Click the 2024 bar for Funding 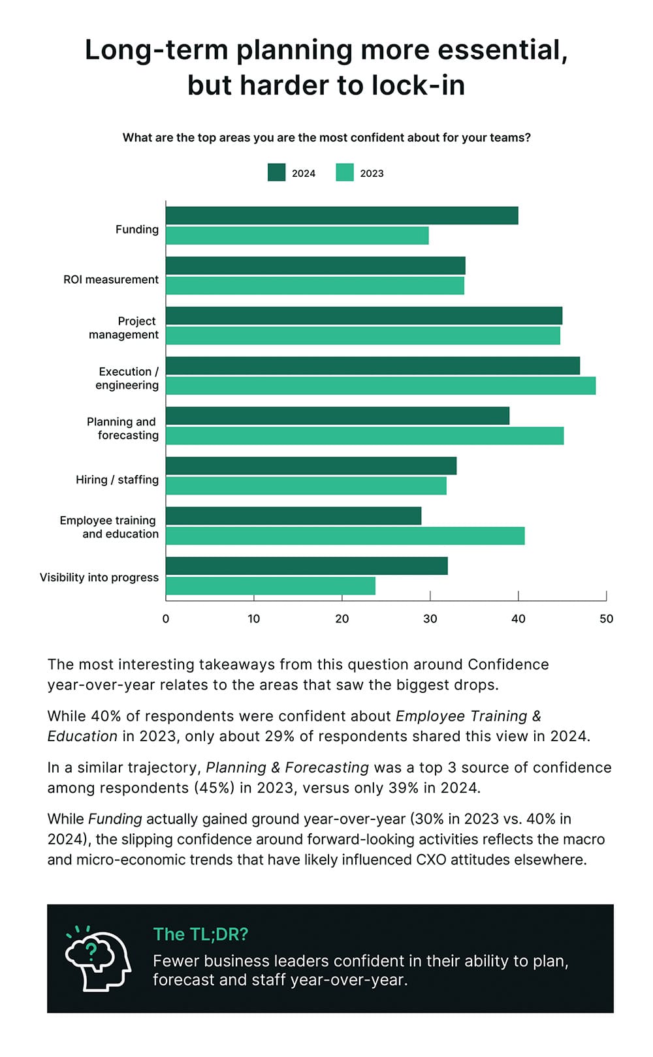[342, 215]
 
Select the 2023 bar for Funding [297, 236]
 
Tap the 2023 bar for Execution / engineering [380, 386]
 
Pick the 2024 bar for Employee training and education [293, 516]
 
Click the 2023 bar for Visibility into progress [270, 586]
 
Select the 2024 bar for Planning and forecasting [337, 416]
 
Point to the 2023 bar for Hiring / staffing [306, 486]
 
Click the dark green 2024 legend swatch [276, 173]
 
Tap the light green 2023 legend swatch [345, 173]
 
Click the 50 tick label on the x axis [606, 619]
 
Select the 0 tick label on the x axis [166, 619]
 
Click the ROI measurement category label [111, 279]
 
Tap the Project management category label [124, 328]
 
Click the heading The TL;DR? [200, 934]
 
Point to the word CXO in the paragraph [431, 859]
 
